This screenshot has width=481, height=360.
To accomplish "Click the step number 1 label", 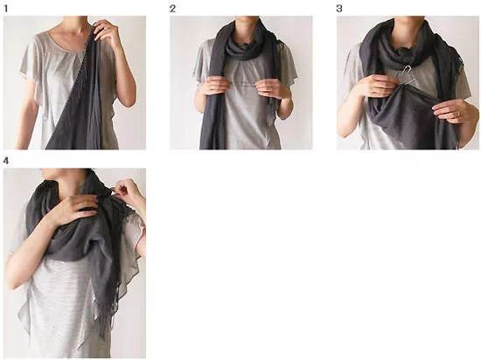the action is (5, 9).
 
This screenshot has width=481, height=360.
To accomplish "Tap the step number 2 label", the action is (172, 9).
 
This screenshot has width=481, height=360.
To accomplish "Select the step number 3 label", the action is (339, 9).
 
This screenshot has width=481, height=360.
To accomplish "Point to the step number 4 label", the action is (6, 161).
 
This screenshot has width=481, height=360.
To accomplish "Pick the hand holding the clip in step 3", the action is (379, 85).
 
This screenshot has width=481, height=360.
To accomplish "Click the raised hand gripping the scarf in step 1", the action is (106, 31).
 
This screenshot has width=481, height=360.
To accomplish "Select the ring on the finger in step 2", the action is (269, 89).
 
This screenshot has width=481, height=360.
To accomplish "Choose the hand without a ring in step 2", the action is (213, 85).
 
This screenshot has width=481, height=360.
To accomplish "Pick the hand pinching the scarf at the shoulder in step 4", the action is (129, 191).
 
